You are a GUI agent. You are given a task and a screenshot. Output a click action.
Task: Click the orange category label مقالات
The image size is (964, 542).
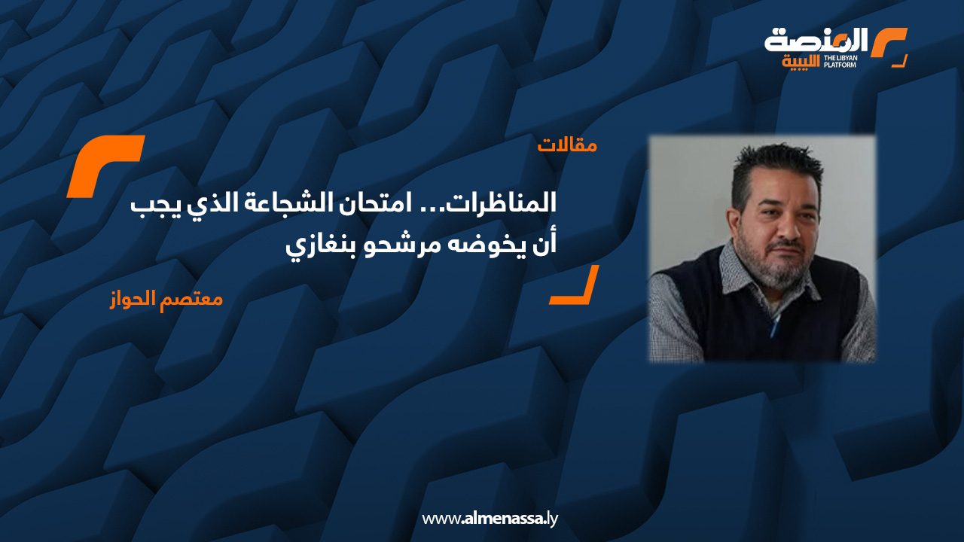pyautogui.click(x=567, y=145)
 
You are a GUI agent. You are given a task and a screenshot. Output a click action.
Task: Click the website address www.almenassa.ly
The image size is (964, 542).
pyautogui.click(x=490, y=519)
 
